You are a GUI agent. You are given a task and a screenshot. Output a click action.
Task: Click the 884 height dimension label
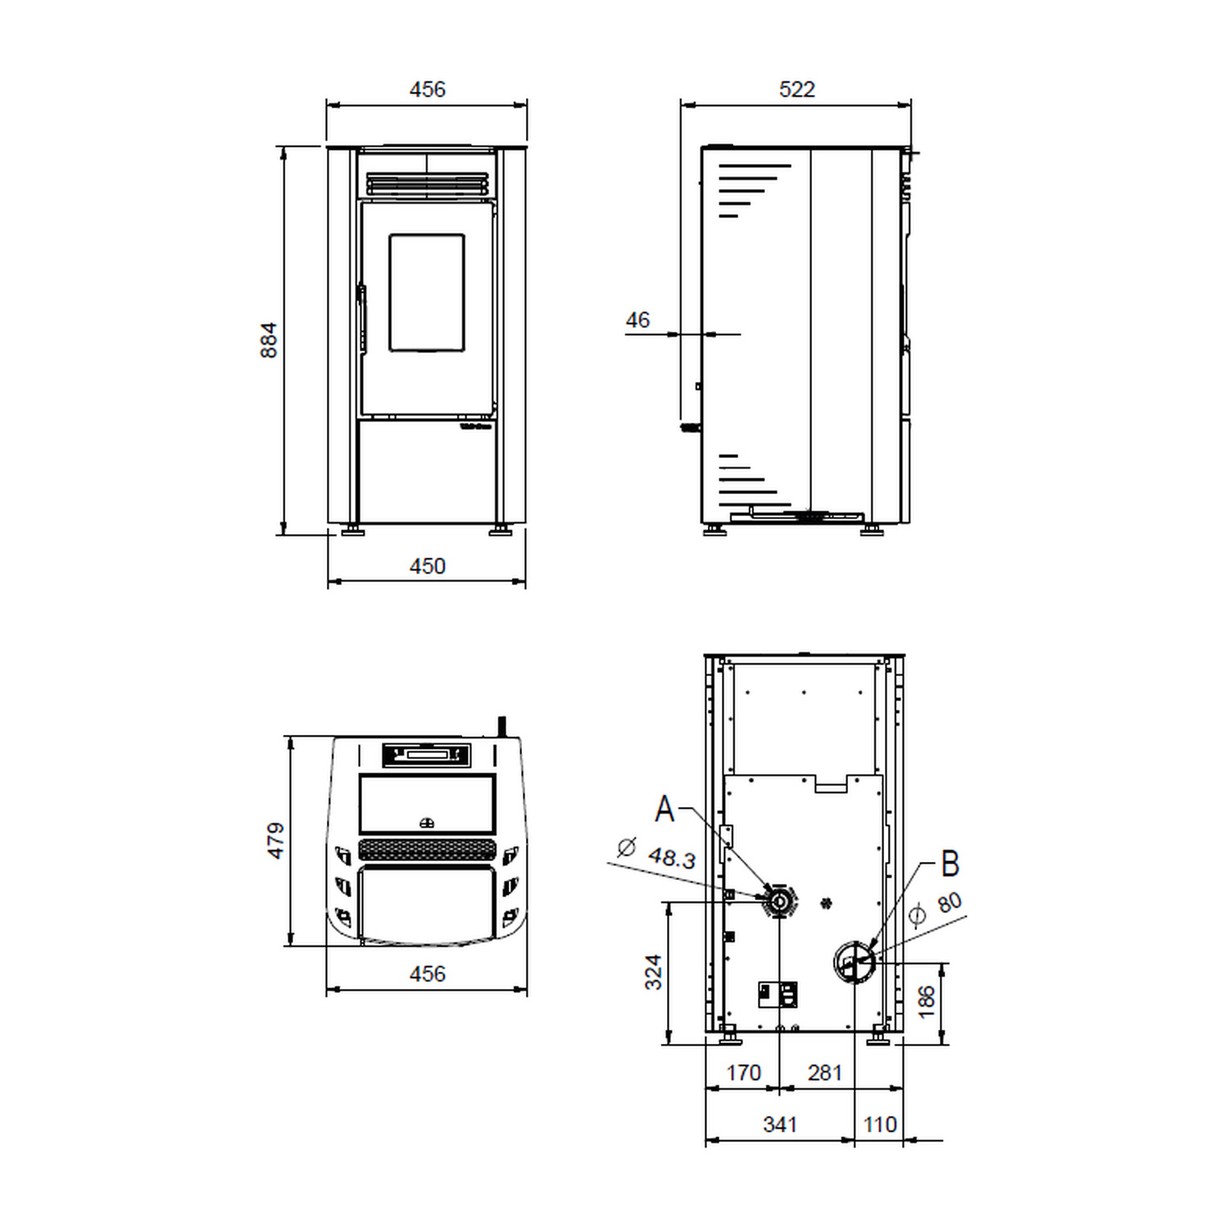(269, 340)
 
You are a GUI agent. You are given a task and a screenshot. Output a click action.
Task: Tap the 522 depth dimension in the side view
(796, 89)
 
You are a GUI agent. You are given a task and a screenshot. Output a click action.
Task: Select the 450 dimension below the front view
(427, 566)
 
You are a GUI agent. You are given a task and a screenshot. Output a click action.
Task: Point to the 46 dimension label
(637, 320)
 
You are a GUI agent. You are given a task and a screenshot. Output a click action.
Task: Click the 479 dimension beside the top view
(276, 841)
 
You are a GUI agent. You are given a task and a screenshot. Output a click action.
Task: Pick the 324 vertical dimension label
(653, 972)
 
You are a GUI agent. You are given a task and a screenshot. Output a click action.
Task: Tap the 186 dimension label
(926, 1002)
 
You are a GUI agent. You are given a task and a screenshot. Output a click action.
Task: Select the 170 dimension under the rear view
(743, 1073)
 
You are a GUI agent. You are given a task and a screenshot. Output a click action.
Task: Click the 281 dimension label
(824, 1073)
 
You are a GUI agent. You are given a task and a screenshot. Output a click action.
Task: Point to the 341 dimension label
(780, 1124)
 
